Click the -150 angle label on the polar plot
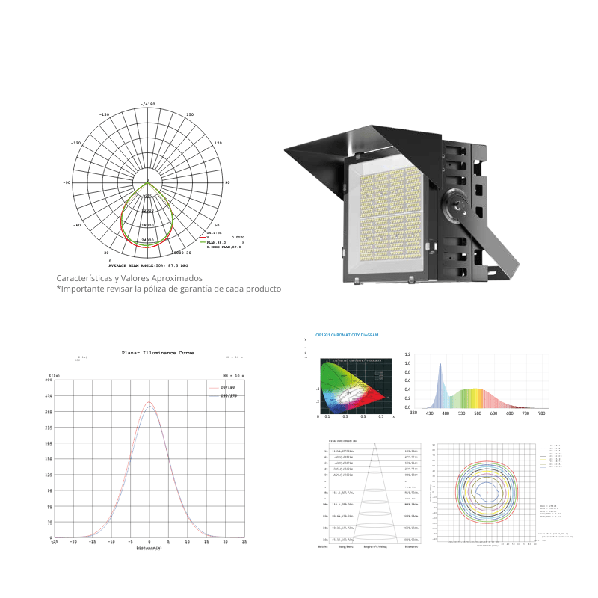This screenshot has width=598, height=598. click(105, 114)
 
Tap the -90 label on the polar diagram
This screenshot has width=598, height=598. click(67, 182)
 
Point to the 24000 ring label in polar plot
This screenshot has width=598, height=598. click(147, 240)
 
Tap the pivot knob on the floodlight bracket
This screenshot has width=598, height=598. click(454, 203)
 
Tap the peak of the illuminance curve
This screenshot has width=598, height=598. click(150, 402)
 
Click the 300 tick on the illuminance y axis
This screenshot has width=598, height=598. click(49, 380)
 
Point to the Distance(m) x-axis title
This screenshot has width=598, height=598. click(149, 548)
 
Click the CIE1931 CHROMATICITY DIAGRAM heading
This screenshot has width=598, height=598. click(347, 336)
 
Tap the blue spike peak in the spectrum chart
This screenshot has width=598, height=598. click(440, 365)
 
